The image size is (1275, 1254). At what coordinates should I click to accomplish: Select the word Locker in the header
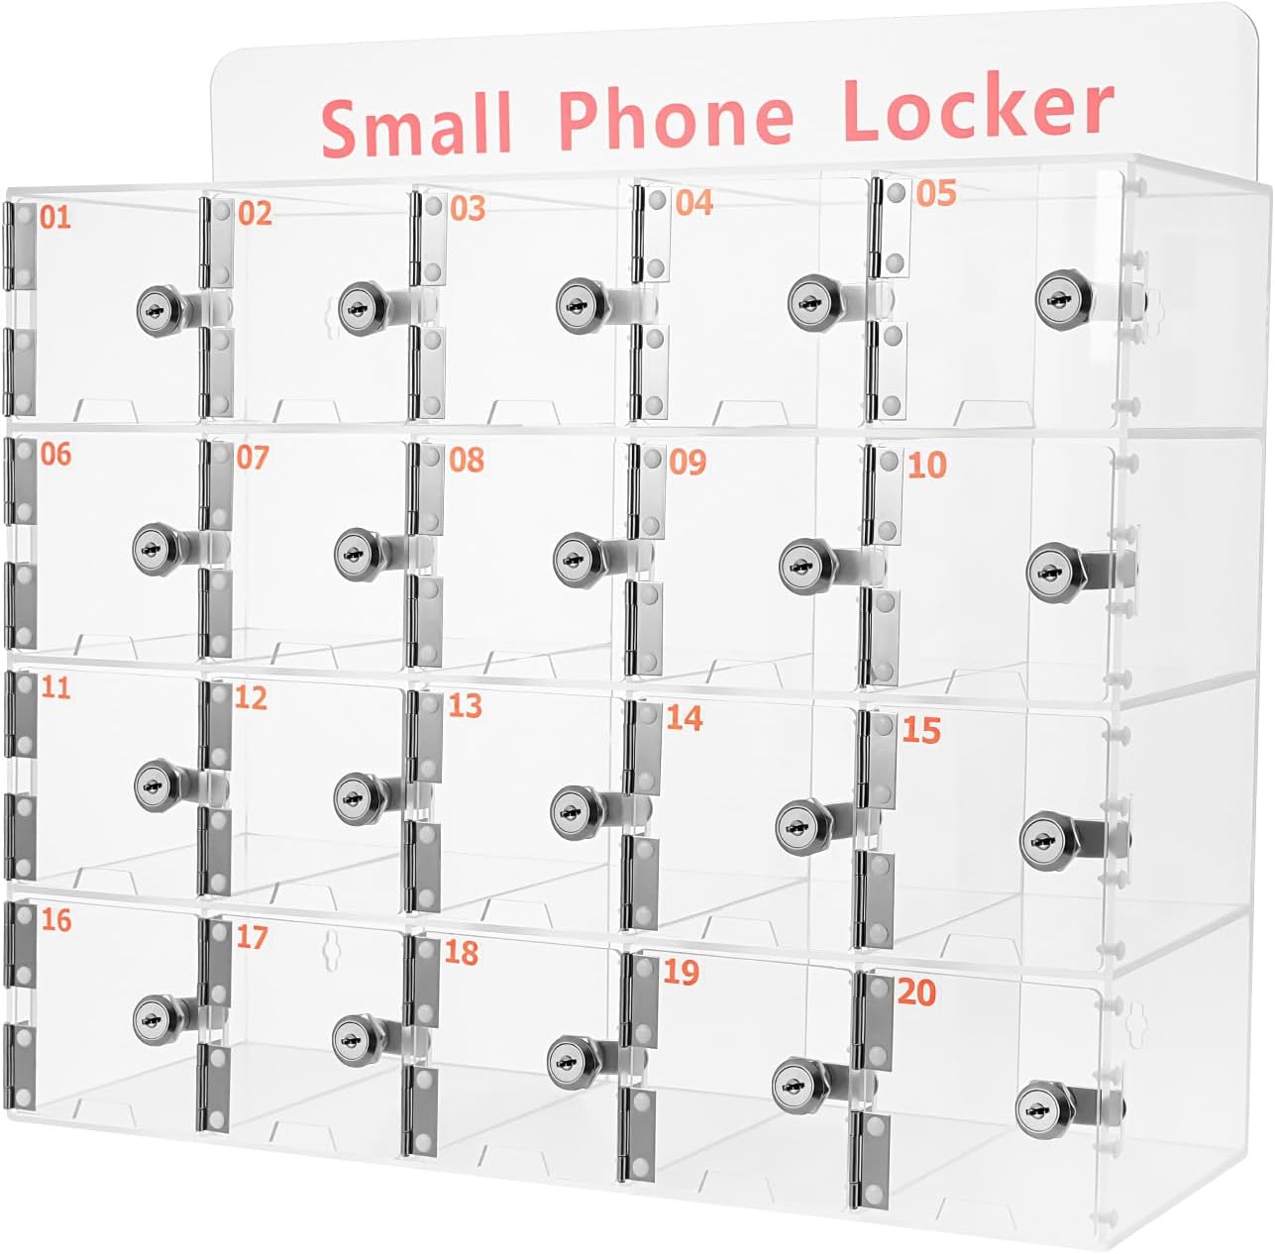[978, 108]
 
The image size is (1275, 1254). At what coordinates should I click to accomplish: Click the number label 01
[55, 216]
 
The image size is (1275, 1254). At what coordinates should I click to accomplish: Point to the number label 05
[935, 193]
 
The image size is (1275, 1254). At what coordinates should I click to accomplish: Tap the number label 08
[467, 460]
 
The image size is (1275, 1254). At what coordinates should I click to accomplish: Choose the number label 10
[926, 465]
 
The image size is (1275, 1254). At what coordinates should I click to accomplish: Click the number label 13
[465, 705]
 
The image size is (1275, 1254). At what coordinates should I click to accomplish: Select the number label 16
[55, 920]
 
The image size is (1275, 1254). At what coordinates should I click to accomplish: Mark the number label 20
[916, 993]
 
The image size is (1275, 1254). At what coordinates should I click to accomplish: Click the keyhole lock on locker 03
[575, 303]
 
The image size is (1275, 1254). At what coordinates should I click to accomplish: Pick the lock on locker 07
[353, 553]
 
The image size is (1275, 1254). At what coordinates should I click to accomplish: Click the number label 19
[681, 973]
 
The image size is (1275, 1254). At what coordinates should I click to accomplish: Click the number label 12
[251, 697]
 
